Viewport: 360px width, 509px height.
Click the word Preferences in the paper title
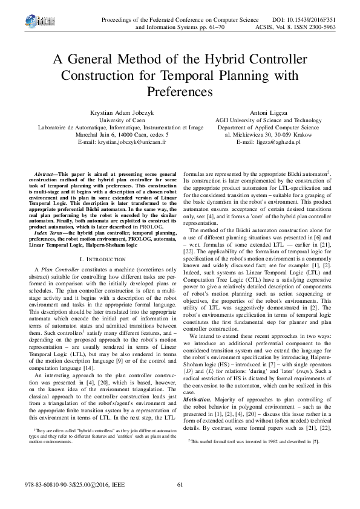pos(180,92)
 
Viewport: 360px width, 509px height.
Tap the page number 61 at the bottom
pos(180,484)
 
